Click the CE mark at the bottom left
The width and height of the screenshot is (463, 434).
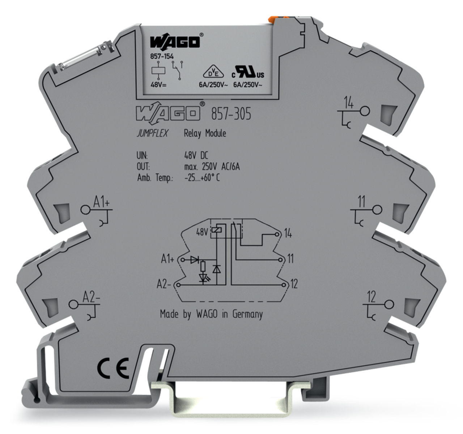click(x=113, y=369)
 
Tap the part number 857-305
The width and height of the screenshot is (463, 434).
click(x=231, y=114)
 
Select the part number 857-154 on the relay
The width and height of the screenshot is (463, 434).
click(x=162, y=56)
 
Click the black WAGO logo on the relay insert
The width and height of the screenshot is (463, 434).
click(x=175, y=42)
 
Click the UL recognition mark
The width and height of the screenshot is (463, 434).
click(x=248, y=72)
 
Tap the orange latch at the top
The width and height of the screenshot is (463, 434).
click(x=275, y=20)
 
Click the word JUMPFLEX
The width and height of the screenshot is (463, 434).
click(x=152, y=133)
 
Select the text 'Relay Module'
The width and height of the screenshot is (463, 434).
click(x=205, y=134)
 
